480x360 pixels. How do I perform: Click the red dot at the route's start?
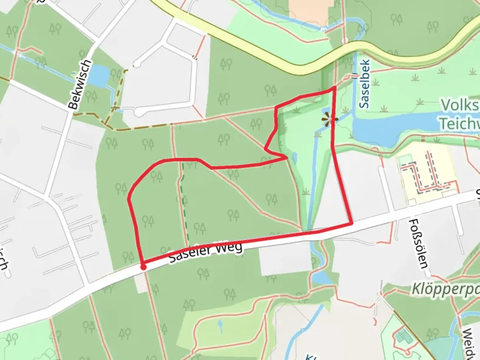click(143, 267)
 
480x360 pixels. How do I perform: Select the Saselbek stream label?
click(365, 84)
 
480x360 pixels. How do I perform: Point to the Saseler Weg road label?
click(205, 252)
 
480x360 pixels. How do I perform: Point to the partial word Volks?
click(460, 105)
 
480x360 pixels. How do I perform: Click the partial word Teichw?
click(459, 123)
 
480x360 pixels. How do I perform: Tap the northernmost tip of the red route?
click(334, 87)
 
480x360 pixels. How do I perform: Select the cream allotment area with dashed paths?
click(427, 173)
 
